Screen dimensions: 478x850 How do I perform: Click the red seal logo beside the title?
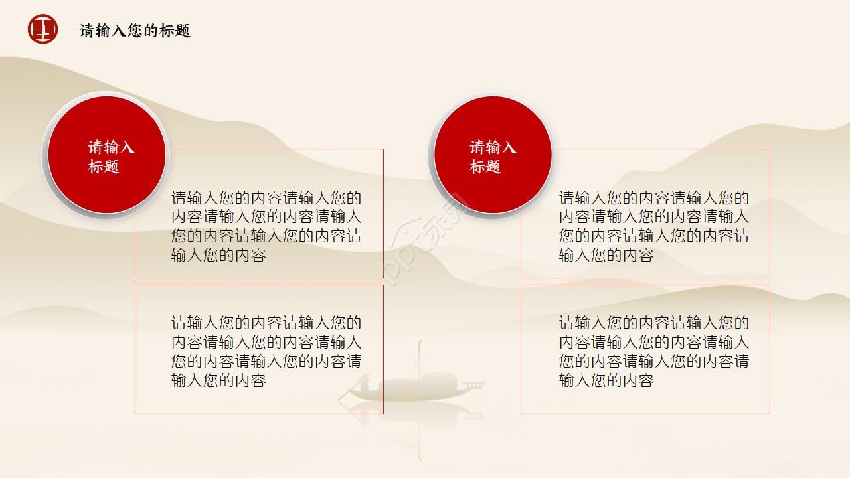click(x=42, y=30)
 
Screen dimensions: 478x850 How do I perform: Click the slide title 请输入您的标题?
click(x=135, y=31)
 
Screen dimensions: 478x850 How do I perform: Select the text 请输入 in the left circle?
click(x=112, y=147)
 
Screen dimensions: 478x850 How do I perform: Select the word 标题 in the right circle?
click(x=485, y=167)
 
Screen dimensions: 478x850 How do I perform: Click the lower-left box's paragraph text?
click(x=266, y=351)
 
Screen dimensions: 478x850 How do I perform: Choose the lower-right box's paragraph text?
click(x=653, y=351)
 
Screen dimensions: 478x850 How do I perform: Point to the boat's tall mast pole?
click(x=420, y=358)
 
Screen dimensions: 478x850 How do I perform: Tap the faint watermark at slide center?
click(x=425, y=239)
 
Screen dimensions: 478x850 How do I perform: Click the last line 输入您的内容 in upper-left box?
click(x=218, y=256)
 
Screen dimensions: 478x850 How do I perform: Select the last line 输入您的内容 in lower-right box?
click(x=606, y=380)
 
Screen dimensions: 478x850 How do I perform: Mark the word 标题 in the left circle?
click(x=104, y=167)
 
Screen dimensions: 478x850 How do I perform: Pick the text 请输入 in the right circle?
click(x=493, y=147)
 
